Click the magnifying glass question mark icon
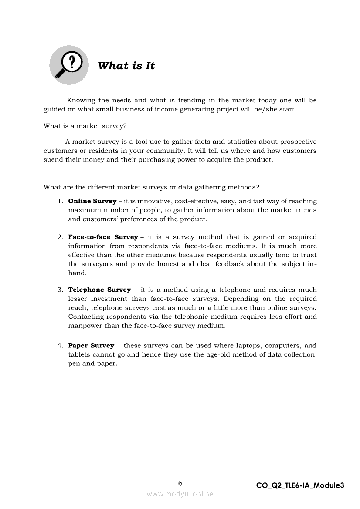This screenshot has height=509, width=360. pyautogui.click(x=69, y=65)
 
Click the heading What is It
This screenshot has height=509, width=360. pyautogui.click(x=126, y=66)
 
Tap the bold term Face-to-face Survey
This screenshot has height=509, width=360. pyautogui.click(x=103, y=237)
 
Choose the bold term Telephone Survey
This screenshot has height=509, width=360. pyautogui.click(x=99, y=290)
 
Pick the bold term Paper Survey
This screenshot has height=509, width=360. pyautogui.click(x=91, y=346)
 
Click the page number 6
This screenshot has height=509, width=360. pyautogui.click(x=180, y=483)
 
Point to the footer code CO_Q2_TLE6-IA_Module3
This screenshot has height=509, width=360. pyautogui.click(x=300, y=485)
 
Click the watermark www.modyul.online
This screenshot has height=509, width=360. pyautogui.click(x=180, y=494)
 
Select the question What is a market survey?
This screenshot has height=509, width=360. pyautogui.click(x=85, y=126)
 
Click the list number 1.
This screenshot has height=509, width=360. pyautogui.click(x=60, y=201)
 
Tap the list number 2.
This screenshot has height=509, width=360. pyautogui.click(x=60, y=237)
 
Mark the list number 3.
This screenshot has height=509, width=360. pyautogui.click(x=60, y=290)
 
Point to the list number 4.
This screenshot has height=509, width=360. pyautogui.click(x=60, y=346)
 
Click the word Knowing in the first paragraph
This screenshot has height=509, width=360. pyautogui.click(x=81, y=101)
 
